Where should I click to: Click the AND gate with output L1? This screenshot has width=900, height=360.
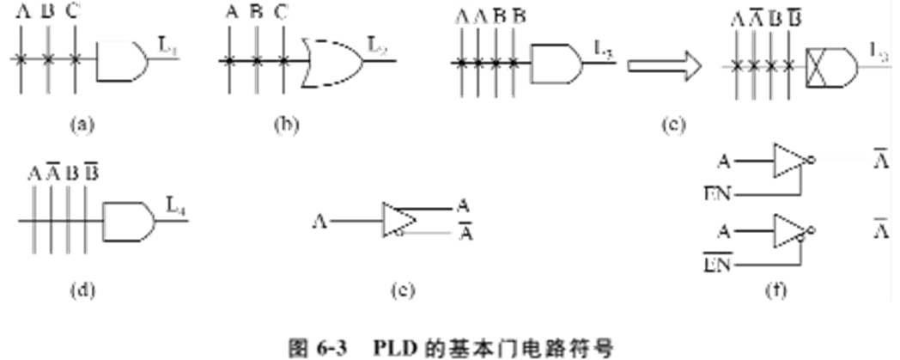click(122, 60)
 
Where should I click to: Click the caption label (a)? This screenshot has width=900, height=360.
click(80, 125)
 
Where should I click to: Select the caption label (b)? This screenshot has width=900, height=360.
click(284, 125)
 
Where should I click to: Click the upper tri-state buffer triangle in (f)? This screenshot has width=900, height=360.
click(787, 161)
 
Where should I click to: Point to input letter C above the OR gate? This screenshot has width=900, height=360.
click(279, 13)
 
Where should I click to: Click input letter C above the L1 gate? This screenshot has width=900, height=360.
click(75, 13)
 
